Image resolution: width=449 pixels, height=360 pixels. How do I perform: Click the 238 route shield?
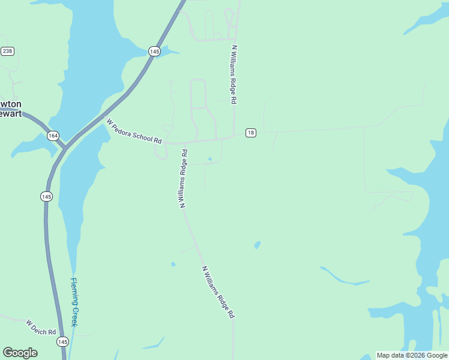tap(7, 51)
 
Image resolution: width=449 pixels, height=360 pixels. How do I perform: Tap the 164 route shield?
tap(53, 136)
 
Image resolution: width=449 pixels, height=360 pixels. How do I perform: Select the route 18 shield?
tap(251, 133)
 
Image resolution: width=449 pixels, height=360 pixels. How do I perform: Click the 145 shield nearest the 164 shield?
tap(47, 196)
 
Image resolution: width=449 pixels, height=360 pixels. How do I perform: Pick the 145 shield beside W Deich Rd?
tap(63, 341)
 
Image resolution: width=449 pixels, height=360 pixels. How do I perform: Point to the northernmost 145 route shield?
tap(155, 52)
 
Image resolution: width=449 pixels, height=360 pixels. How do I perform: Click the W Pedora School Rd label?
tap(134, 130)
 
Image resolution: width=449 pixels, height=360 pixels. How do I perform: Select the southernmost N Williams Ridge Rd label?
tap(218, 292)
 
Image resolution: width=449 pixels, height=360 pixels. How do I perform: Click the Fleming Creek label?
tap(74, 302)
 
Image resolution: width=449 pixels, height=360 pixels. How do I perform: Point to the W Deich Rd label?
tap(41, 328)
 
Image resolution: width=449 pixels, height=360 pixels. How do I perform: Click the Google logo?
tap(20, 353)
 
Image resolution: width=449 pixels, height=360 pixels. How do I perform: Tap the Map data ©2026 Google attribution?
tap(412, 355)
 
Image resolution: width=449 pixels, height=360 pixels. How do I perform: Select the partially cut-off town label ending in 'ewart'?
tap(11, 113)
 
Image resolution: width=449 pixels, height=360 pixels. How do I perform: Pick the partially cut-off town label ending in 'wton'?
tap(11, 104)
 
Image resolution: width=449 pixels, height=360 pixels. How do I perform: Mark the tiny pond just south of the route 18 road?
tap(209, 159)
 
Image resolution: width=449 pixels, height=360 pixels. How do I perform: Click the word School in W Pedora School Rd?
tap(142, 134)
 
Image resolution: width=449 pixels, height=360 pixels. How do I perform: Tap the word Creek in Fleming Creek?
tap(74, 313)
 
